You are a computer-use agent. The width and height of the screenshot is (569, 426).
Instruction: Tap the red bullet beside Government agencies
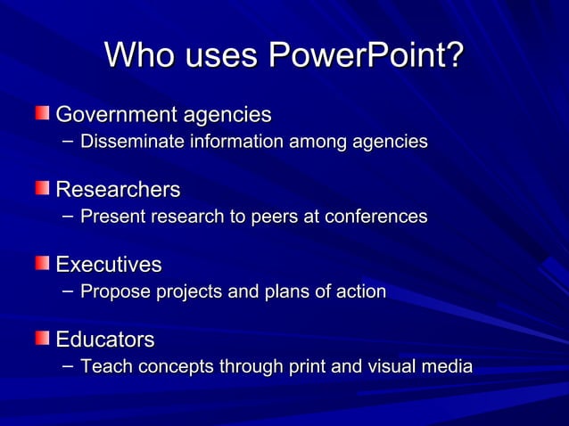(x=43, y=113)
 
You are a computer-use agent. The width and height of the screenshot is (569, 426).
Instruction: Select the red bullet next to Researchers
(x=43, y=188)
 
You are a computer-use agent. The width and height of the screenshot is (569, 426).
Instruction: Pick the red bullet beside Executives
(x=43, y=263)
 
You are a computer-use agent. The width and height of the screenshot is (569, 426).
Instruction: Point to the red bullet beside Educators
(x=43, y=338)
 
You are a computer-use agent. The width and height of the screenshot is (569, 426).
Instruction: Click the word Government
(x=117, y=115)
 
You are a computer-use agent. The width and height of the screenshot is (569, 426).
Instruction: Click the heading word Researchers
(x=118, y=190)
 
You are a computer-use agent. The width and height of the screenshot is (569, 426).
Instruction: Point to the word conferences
(x=378, y=217)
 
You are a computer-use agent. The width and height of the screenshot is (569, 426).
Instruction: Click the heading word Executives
(x=109, y=265)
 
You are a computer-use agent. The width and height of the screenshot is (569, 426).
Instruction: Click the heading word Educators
(x=105, y=340)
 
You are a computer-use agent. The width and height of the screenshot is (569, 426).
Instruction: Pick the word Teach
(x=102, y=366)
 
